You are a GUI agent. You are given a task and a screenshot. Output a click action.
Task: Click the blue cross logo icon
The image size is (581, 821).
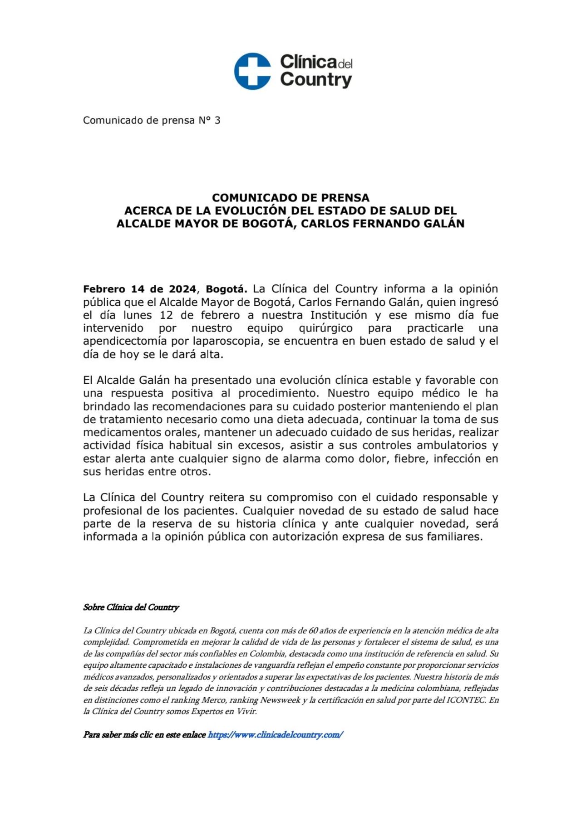(252, 71)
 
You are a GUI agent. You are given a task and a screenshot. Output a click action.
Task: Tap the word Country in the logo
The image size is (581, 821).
(316, 80)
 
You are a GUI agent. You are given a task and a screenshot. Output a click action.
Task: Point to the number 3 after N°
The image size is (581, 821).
(217, 120)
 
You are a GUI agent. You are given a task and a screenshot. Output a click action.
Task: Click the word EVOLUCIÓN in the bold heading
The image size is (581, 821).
(250, 210)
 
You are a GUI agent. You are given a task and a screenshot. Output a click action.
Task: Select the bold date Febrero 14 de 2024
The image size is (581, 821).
(139, 289)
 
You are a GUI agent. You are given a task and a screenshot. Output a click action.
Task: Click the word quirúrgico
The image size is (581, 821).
(325, 328)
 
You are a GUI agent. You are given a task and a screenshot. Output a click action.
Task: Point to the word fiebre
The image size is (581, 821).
(410, 459)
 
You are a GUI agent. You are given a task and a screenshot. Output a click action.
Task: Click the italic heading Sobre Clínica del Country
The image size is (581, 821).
(131, 607)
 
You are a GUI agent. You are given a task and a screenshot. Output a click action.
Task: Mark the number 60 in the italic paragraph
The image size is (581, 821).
(313, 631)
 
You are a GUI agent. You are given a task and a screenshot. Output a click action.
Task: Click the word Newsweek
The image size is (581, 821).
(280, 700)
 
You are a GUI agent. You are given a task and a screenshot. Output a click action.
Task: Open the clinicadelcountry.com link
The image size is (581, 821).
(275, 735)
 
